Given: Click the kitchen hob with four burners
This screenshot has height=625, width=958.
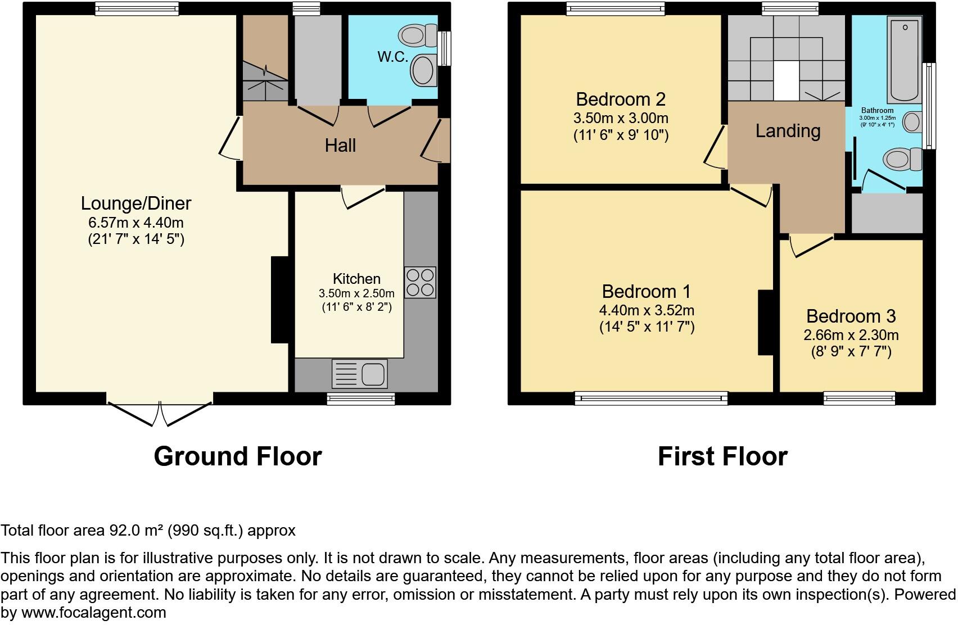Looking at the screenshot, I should pyautogui.click(x=420, y=282).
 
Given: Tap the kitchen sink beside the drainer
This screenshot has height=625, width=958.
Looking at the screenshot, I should pyautogui.click(x=373, y=374).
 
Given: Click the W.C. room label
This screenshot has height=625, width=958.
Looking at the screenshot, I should pyautogui.click(x=392, y=57).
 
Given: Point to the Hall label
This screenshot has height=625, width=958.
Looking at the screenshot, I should pyautogui.click(x=340, y=146).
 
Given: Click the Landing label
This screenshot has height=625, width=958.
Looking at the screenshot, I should pyautogui.click(x=788, y=131).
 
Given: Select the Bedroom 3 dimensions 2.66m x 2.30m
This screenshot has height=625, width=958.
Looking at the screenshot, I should pyautogui.click(x=851, y=336).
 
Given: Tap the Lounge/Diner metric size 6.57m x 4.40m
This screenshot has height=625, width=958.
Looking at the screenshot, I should pyautogui.click(x=136, y=223).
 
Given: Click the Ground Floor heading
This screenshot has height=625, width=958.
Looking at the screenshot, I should pyautogui.click(x=237, y=456).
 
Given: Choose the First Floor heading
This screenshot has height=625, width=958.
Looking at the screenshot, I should pyautogui.click(x=722, y=456).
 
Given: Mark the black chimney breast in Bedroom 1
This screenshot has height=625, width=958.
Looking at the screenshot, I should pyautogui.click(x=765, y=322).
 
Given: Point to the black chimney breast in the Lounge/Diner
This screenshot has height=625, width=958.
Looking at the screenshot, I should pyautogui.click(x=279, y=300).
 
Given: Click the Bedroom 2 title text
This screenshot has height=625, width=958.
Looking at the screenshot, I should pyautogui.click(x=621, y=99).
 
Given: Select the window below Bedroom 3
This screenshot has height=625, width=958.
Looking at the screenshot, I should pyautogui.click(x=859, y=398).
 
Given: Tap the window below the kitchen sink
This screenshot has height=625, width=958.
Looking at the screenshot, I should pyautogui.click(x=361, y=398).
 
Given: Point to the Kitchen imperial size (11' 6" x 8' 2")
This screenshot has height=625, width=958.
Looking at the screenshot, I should pyautogui.click(x=356, y=307).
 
